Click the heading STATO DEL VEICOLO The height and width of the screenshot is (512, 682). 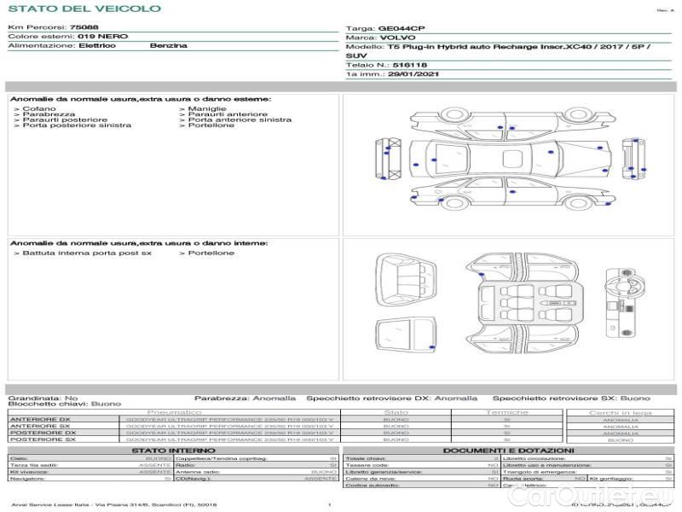pos(84,9)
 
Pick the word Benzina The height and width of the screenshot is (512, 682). pos(168,45)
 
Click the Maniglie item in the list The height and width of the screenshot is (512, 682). pos(207,109)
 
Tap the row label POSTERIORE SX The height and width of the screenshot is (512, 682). pos(43,439)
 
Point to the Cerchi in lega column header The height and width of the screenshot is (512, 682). pos(620,412)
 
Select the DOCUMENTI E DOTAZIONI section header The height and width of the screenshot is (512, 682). pos(508,450)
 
